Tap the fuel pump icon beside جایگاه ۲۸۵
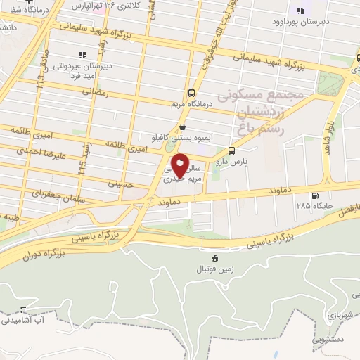tap(314, 196)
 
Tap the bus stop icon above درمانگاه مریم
tap(191, 94)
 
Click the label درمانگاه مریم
tap(190, 105)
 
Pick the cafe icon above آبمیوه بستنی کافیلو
tap(183, 127)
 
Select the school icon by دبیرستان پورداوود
tap(300, 11)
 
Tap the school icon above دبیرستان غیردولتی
tap(82, 54)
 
